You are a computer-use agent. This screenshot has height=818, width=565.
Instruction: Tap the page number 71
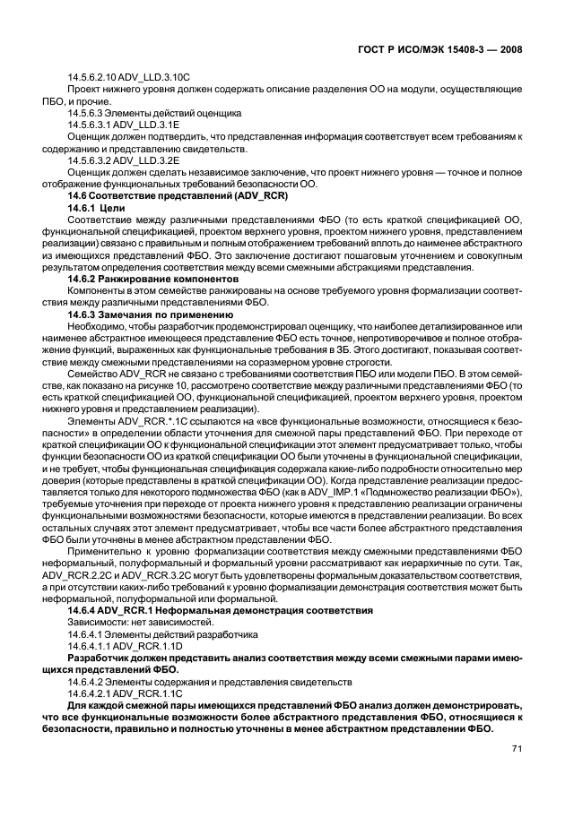coord(517,749)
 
